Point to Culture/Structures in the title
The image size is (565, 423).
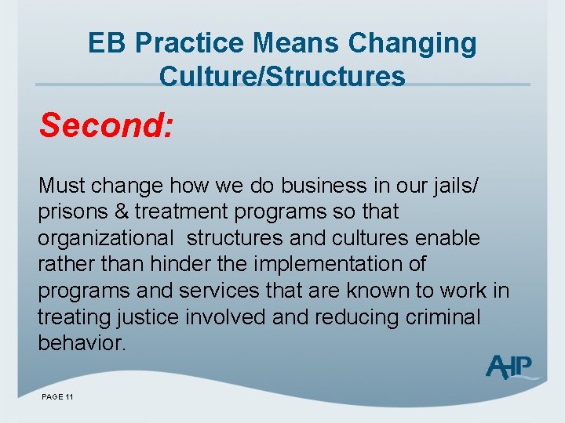pyautogui.click(x=282, y=77)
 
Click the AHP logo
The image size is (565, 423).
pyautogui.click(x=511, y=366)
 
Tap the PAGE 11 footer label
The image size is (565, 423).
pyautogui.click(x=57, y=397)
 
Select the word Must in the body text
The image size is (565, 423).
pyautogui.click(x=62, y=186)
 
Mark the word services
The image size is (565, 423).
pyautogui.click(x=216, y=291)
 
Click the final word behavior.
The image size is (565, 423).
pyautogui.click(x=81, y=344)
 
